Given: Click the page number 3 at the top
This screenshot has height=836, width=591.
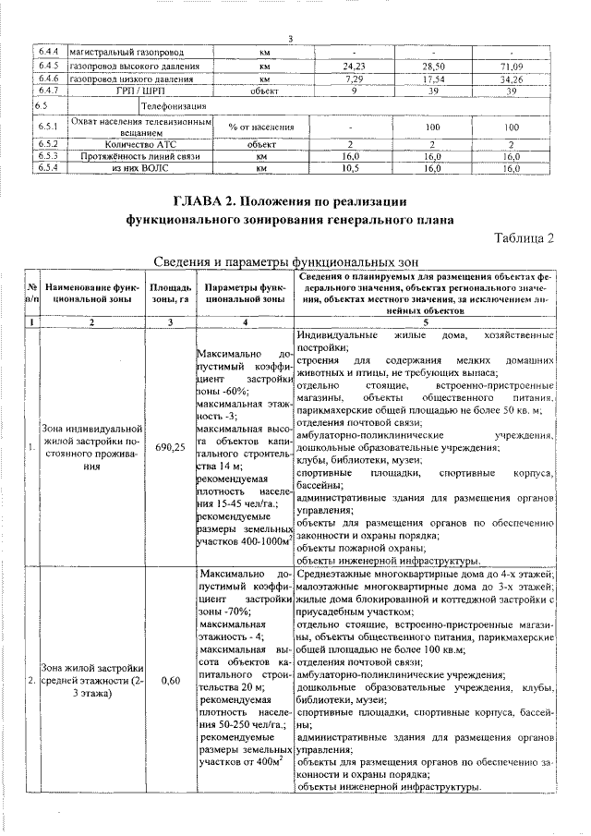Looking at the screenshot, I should (290, 38).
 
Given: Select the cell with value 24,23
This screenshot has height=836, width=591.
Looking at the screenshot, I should (355, 67).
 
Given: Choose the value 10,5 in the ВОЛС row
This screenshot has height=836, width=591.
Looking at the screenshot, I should (350, 169).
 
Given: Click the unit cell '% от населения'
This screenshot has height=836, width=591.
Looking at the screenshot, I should (261, 127).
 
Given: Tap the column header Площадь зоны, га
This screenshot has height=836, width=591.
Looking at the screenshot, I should (170, 294).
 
